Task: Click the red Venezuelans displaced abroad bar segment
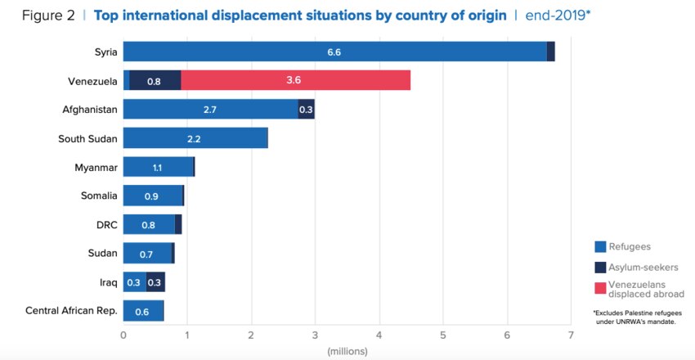coord(295,80)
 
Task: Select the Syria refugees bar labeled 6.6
coord(334,52)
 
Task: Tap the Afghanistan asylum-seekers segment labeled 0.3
coord(306,110)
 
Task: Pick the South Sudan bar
coord(195,138)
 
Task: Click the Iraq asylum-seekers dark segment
coord(155,282)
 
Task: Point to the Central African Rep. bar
coord(143,311)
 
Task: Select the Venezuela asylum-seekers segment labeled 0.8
coord(155,80)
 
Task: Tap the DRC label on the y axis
coord(107,224)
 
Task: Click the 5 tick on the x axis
coord(442,335)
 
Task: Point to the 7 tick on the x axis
coord(570,335)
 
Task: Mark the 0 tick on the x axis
coord(123,335)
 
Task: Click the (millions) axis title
coord(347,351)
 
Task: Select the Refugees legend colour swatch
coord(600,246)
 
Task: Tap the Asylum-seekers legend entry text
coord(644,267)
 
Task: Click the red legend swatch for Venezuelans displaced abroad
coord(600,288)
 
